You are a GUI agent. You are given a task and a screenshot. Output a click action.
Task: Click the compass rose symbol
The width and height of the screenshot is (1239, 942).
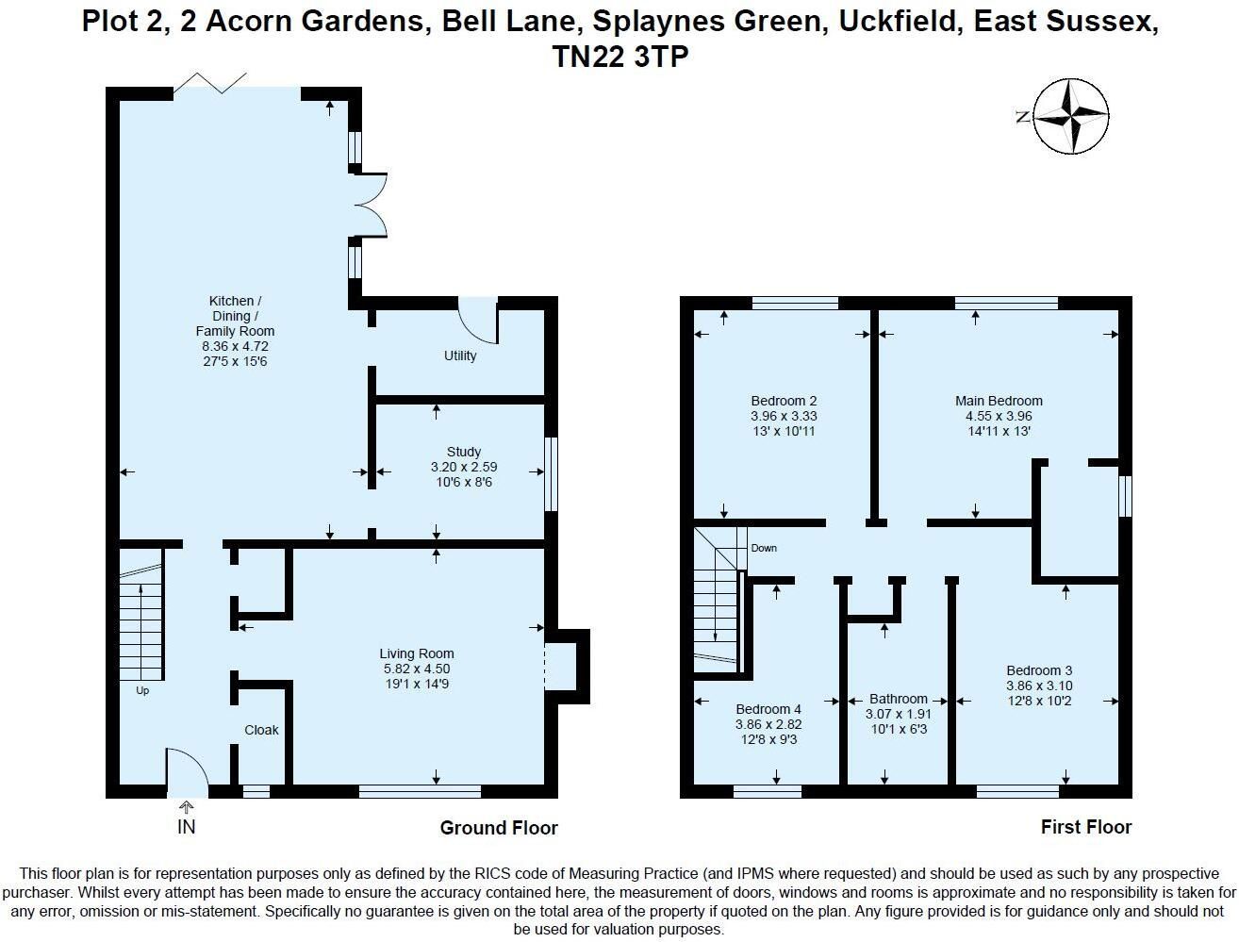(1071, 116)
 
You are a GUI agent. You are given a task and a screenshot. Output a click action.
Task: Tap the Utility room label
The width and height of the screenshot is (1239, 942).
(460, 355)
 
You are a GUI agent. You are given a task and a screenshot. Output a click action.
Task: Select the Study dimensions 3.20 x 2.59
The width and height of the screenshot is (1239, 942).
(464, 467)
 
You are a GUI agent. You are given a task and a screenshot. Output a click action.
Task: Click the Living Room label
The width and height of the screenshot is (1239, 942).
(417, 653)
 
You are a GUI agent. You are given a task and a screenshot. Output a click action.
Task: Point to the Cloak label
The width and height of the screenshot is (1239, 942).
(261, 730)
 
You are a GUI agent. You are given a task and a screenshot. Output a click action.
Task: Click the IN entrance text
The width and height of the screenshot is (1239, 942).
(187, 827)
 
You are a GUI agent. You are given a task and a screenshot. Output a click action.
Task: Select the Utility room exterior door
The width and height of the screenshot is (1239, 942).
(477, 320)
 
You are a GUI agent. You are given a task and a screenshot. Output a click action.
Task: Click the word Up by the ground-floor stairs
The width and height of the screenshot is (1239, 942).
(142, 691)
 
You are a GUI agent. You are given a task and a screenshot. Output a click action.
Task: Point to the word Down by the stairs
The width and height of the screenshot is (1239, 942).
(764, 548)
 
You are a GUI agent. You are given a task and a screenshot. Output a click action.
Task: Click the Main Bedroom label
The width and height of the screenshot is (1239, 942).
(999, 401)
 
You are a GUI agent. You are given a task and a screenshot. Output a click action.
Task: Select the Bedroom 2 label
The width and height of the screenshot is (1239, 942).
(784, 401)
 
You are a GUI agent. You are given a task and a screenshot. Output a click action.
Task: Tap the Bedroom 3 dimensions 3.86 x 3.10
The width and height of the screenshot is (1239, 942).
(1039, 686)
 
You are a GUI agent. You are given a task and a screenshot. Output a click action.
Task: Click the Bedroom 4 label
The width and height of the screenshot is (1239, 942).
(768, 709)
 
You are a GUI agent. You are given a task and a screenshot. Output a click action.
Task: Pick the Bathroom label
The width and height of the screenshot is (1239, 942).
(899, 699)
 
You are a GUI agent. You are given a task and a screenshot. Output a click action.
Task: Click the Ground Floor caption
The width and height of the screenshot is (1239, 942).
(499, 828)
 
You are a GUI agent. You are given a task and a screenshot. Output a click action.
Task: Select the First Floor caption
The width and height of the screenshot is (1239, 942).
(1086, 827)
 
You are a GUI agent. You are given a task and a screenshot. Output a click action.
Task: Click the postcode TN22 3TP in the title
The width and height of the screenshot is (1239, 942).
(620, 57)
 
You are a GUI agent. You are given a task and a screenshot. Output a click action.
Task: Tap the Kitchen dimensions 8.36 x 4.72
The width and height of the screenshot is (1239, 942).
(236, 346)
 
